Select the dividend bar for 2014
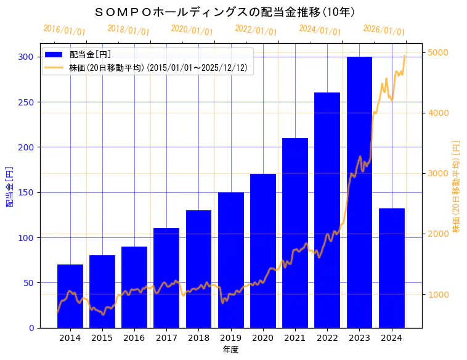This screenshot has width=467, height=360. click(x=70, y=296)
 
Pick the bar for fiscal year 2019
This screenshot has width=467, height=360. click(x=231, y=260)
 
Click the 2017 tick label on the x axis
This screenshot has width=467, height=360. click(x=166, y=338)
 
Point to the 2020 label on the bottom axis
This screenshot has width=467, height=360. click(x=263, y=338)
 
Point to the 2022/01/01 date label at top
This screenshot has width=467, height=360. click(x=256, y=30)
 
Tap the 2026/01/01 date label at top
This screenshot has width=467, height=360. click(x=384, y=30)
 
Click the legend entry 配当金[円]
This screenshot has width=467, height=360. click(x=90, y=55)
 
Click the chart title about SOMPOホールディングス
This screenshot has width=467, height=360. click(x=225, y=12)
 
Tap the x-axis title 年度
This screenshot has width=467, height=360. click(x=230, y=350)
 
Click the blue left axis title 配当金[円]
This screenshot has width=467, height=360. click(x=9, y=186)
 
